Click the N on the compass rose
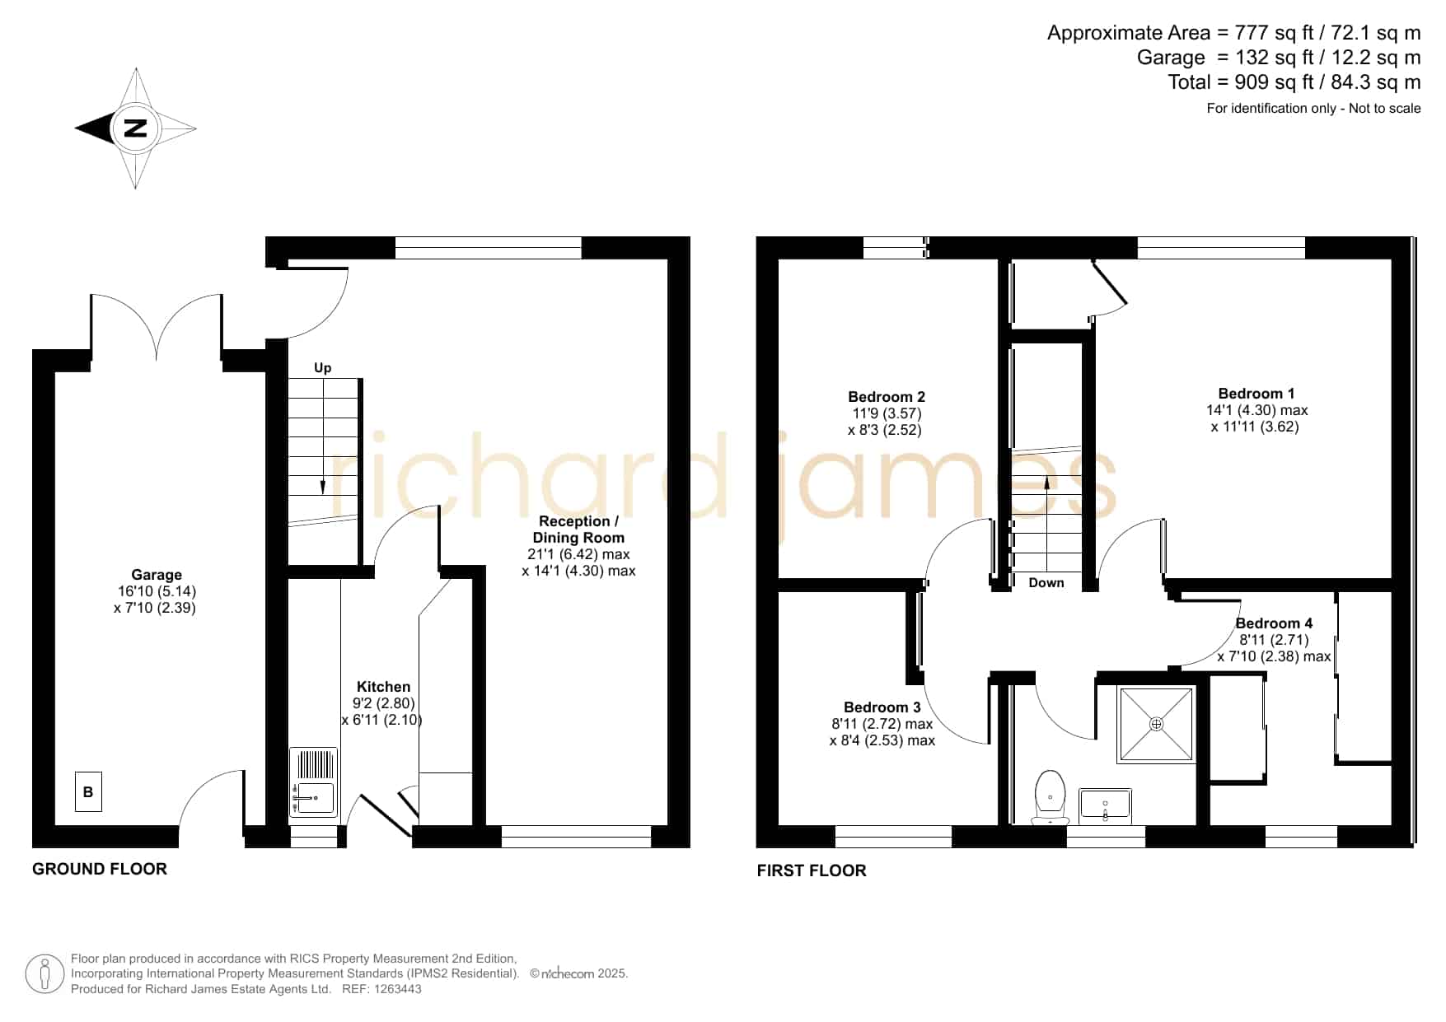[135, 128]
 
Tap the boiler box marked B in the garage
[88, 792]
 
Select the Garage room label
[157, 575]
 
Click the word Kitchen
[383, 687]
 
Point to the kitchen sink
[313, 782]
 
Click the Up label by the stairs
[323, 368]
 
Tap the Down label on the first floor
[1046, 583]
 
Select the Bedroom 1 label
[1256, 394]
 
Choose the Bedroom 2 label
[887, 397]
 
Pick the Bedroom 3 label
[882, 707]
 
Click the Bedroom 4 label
[1275, 623]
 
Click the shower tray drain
[1157, 724]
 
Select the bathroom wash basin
[1105, 805]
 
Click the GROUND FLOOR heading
[100, 869]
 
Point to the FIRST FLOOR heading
[812, 870]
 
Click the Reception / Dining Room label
[578, 530]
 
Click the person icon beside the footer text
[44, 974]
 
